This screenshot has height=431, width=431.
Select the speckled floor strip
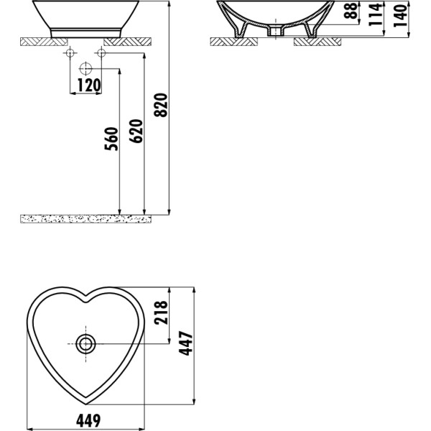coord(86,217)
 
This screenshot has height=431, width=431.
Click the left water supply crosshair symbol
coord(70,55)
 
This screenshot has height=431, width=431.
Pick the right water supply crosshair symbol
coord(101,55)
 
